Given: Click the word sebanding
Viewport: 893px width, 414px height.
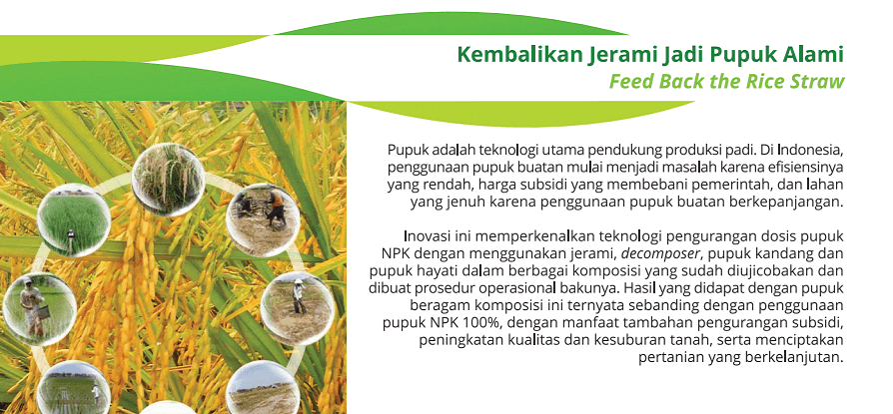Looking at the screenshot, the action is pyautogui.click(x=663, y=306).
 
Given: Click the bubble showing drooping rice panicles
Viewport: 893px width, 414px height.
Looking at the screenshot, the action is pyautogui.click(x=168, y=180).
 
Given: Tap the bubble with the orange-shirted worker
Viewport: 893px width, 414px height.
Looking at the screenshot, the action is pyautogui.click(x=263, y=220).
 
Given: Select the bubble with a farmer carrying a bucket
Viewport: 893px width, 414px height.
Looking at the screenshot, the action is pyautogui.click(x=39, y=310).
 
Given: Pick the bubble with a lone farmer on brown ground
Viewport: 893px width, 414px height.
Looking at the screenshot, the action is pyautogui.click(x=298, y=309).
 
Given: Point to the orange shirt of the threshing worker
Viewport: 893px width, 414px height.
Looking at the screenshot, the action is pyautogui.click(x=277, y=200).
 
